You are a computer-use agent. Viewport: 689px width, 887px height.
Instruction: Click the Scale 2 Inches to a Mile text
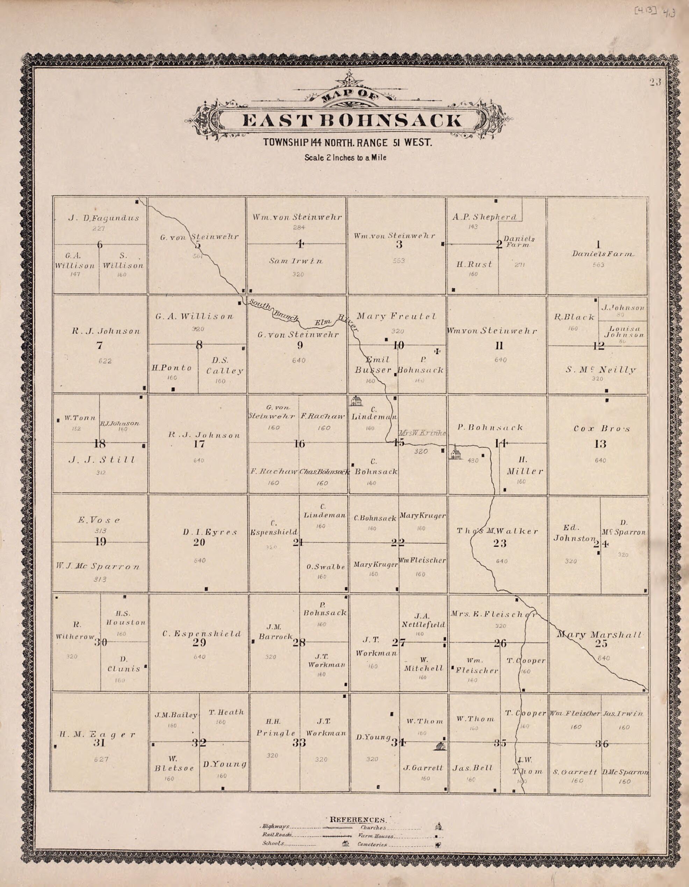click(345, 158)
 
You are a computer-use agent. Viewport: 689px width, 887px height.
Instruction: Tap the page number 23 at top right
click(654, 82)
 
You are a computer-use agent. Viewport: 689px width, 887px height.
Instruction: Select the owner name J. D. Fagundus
click(103, 218)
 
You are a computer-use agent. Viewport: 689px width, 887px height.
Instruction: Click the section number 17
click(199, 444)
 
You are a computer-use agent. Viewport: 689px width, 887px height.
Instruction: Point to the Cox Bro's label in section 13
click(602, 428)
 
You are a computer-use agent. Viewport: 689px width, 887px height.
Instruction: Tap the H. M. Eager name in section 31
click(98, 734)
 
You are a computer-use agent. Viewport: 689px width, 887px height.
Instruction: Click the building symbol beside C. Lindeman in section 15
click(357, 401)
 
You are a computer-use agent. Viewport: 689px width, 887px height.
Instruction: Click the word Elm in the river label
click(325, 323)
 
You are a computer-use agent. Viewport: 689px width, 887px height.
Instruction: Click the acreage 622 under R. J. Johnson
click(105, 361)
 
